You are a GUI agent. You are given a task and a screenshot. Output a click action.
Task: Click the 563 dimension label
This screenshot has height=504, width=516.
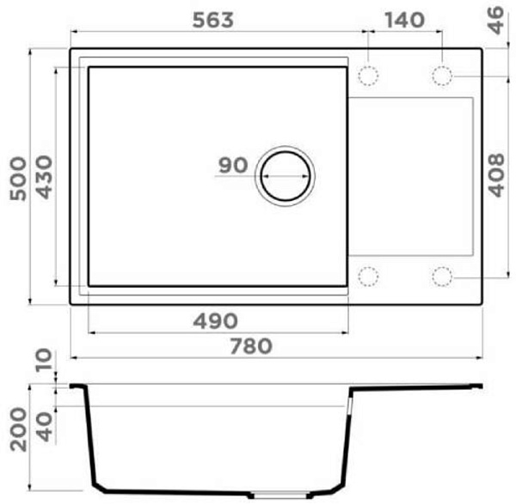pyautogui.click(x=213, y=20)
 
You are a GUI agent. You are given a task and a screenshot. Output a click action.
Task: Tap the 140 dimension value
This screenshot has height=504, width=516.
pyautogui.click(x=405, y=20)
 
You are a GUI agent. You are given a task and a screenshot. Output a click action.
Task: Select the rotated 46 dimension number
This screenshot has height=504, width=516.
pyautogui.click(x=495, y=21)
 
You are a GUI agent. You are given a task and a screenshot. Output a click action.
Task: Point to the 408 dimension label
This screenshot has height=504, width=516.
pyautogui.click(x=495, y=175)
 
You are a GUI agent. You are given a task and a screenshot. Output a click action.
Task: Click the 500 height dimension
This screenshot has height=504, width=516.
pyautogui.click(x=18, y=179)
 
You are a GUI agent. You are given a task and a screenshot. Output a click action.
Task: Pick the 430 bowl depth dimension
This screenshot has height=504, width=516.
pyautogui.click(x=44, y=177)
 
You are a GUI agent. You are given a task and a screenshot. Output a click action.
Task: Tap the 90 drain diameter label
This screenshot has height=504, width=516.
pyautogui.click(x=233, y=165)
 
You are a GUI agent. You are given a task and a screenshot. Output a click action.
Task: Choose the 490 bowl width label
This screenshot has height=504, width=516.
pyautogui.click(x=215, y=321)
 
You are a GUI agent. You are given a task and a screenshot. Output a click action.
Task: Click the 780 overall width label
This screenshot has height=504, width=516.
pyautogui.click(x=251, y=346)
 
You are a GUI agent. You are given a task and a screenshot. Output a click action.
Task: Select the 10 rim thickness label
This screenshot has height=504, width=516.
pyautogui.click(x=44, y=360)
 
